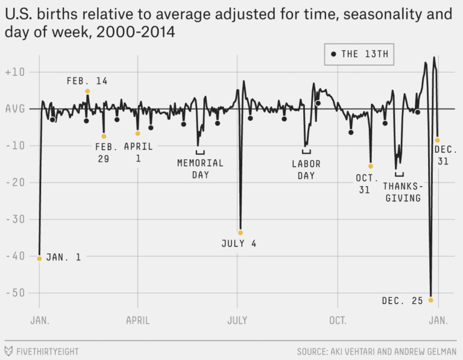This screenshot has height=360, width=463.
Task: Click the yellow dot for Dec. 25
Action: tap(430, 300)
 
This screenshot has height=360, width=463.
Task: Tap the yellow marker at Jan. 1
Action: tap(39, 258)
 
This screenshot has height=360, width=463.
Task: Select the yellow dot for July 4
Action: tap(241, 232)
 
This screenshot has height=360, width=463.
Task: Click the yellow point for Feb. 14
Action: tap(87, 91)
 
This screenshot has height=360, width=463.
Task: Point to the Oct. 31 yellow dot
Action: tap(371, 166)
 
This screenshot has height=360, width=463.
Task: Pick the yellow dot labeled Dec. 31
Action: tap(437, 140)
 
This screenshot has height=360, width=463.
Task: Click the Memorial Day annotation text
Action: tap(200, 168)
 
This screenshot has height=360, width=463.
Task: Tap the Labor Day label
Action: tap(306, 169)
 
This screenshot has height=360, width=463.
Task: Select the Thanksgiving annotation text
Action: tap(402, 192)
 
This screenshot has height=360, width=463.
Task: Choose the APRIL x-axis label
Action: tap(137, 320)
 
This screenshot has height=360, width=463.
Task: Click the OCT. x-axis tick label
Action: tap(338, 320)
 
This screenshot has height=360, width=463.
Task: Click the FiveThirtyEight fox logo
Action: tap(9, 350)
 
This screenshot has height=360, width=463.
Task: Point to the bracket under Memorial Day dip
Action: tap(200, 152)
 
